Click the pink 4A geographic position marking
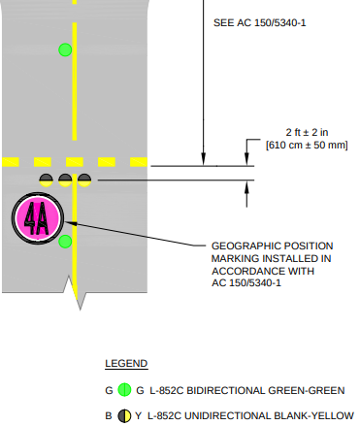coord(36,218)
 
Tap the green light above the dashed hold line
coord(65,49)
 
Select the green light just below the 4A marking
coord(65,241)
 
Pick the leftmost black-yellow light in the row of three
coord(47,180)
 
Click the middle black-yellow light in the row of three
coord(65,180)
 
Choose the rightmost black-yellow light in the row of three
coord(84,180)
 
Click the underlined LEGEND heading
coord(125,364)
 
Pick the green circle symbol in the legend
coord(124,390)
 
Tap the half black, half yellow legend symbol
coord(124,415)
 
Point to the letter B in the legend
coord(109,415)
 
